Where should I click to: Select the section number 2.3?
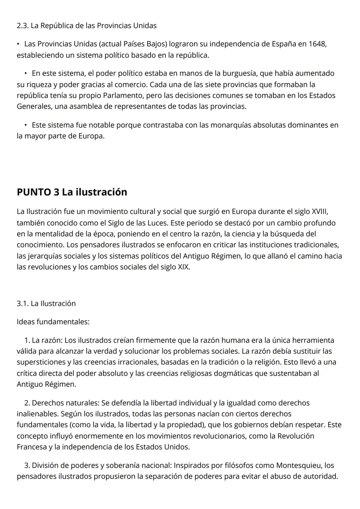[22, 26]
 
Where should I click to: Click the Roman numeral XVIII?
[319, 211]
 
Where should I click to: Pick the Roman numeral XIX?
[183, 267]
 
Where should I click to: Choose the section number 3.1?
[22, 304]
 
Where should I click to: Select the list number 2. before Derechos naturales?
[27, 403]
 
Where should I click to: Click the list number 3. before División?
[27, 465]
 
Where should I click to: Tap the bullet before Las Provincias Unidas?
[19, 44]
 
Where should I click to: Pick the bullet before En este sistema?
[26, 73]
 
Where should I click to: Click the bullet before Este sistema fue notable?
[26, 125]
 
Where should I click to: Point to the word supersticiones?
[40, 362]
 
